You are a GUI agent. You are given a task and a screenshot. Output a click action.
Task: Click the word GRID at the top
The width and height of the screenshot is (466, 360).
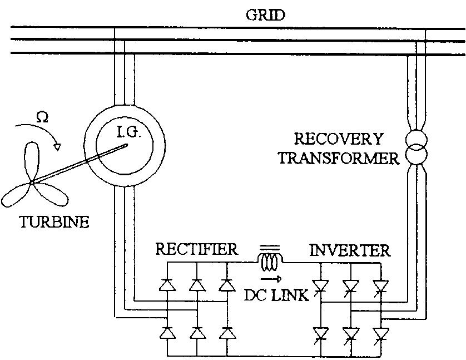[x=265, y=14]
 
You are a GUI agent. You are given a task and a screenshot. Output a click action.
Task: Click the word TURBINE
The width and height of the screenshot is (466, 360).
[x=54, y=223]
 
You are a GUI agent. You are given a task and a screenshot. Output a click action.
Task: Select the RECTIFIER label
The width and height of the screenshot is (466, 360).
[x=196, y=250]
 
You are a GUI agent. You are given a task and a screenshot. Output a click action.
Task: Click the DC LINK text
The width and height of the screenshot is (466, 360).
[x=276, y=295]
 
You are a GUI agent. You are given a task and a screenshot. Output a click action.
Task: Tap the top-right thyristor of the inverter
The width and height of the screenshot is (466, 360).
[x=380, y=286]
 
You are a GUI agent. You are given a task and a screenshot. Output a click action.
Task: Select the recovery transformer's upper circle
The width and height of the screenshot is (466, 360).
[x=417, y=138]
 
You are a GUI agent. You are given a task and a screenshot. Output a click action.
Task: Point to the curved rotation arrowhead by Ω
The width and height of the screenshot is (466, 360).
[x=57, y=146]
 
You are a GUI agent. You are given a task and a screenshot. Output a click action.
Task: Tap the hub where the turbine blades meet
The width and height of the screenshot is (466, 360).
[x=32, y=181]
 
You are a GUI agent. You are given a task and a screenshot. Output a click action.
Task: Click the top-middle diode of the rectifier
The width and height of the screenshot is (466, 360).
[x=196, y=285]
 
